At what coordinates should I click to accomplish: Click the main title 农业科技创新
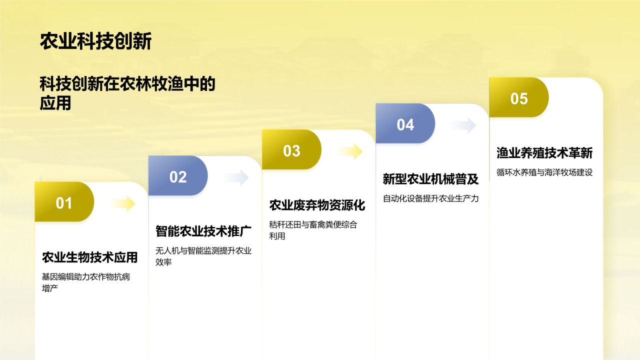[95, 42]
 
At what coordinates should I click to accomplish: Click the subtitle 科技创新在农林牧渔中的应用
[127, 93]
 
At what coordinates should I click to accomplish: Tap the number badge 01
[64, 203]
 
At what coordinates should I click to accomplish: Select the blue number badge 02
[178, 177]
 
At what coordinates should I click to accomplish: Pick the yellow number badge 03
[291, 151]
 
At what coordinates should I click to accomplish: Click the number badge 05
[519, 98]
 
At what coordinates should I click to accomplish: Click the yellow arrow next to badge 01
[122, 203]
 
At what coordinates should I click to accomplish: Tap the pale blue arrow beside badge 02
[236, 177]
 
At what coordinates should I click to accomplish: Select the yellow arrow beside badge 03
[350, 151]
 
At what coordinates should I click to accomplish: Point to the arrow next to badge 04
[463, 125]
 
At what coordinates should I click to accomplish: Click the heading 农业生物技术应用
[90, 257]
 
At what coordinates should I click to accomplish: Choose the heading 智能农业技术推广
[203, 231]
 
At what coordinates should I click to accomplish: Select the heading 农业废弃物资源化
[317, 205]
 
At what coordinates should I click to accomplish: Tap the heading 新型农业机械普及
[431, 179]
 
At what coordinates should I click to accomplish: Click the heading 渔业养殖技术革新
[544, 153]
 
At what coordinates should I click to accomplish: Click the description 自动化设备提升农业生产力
[431, 198]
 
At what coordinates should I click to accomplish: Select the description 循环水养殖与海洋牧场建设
[544, 172]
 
